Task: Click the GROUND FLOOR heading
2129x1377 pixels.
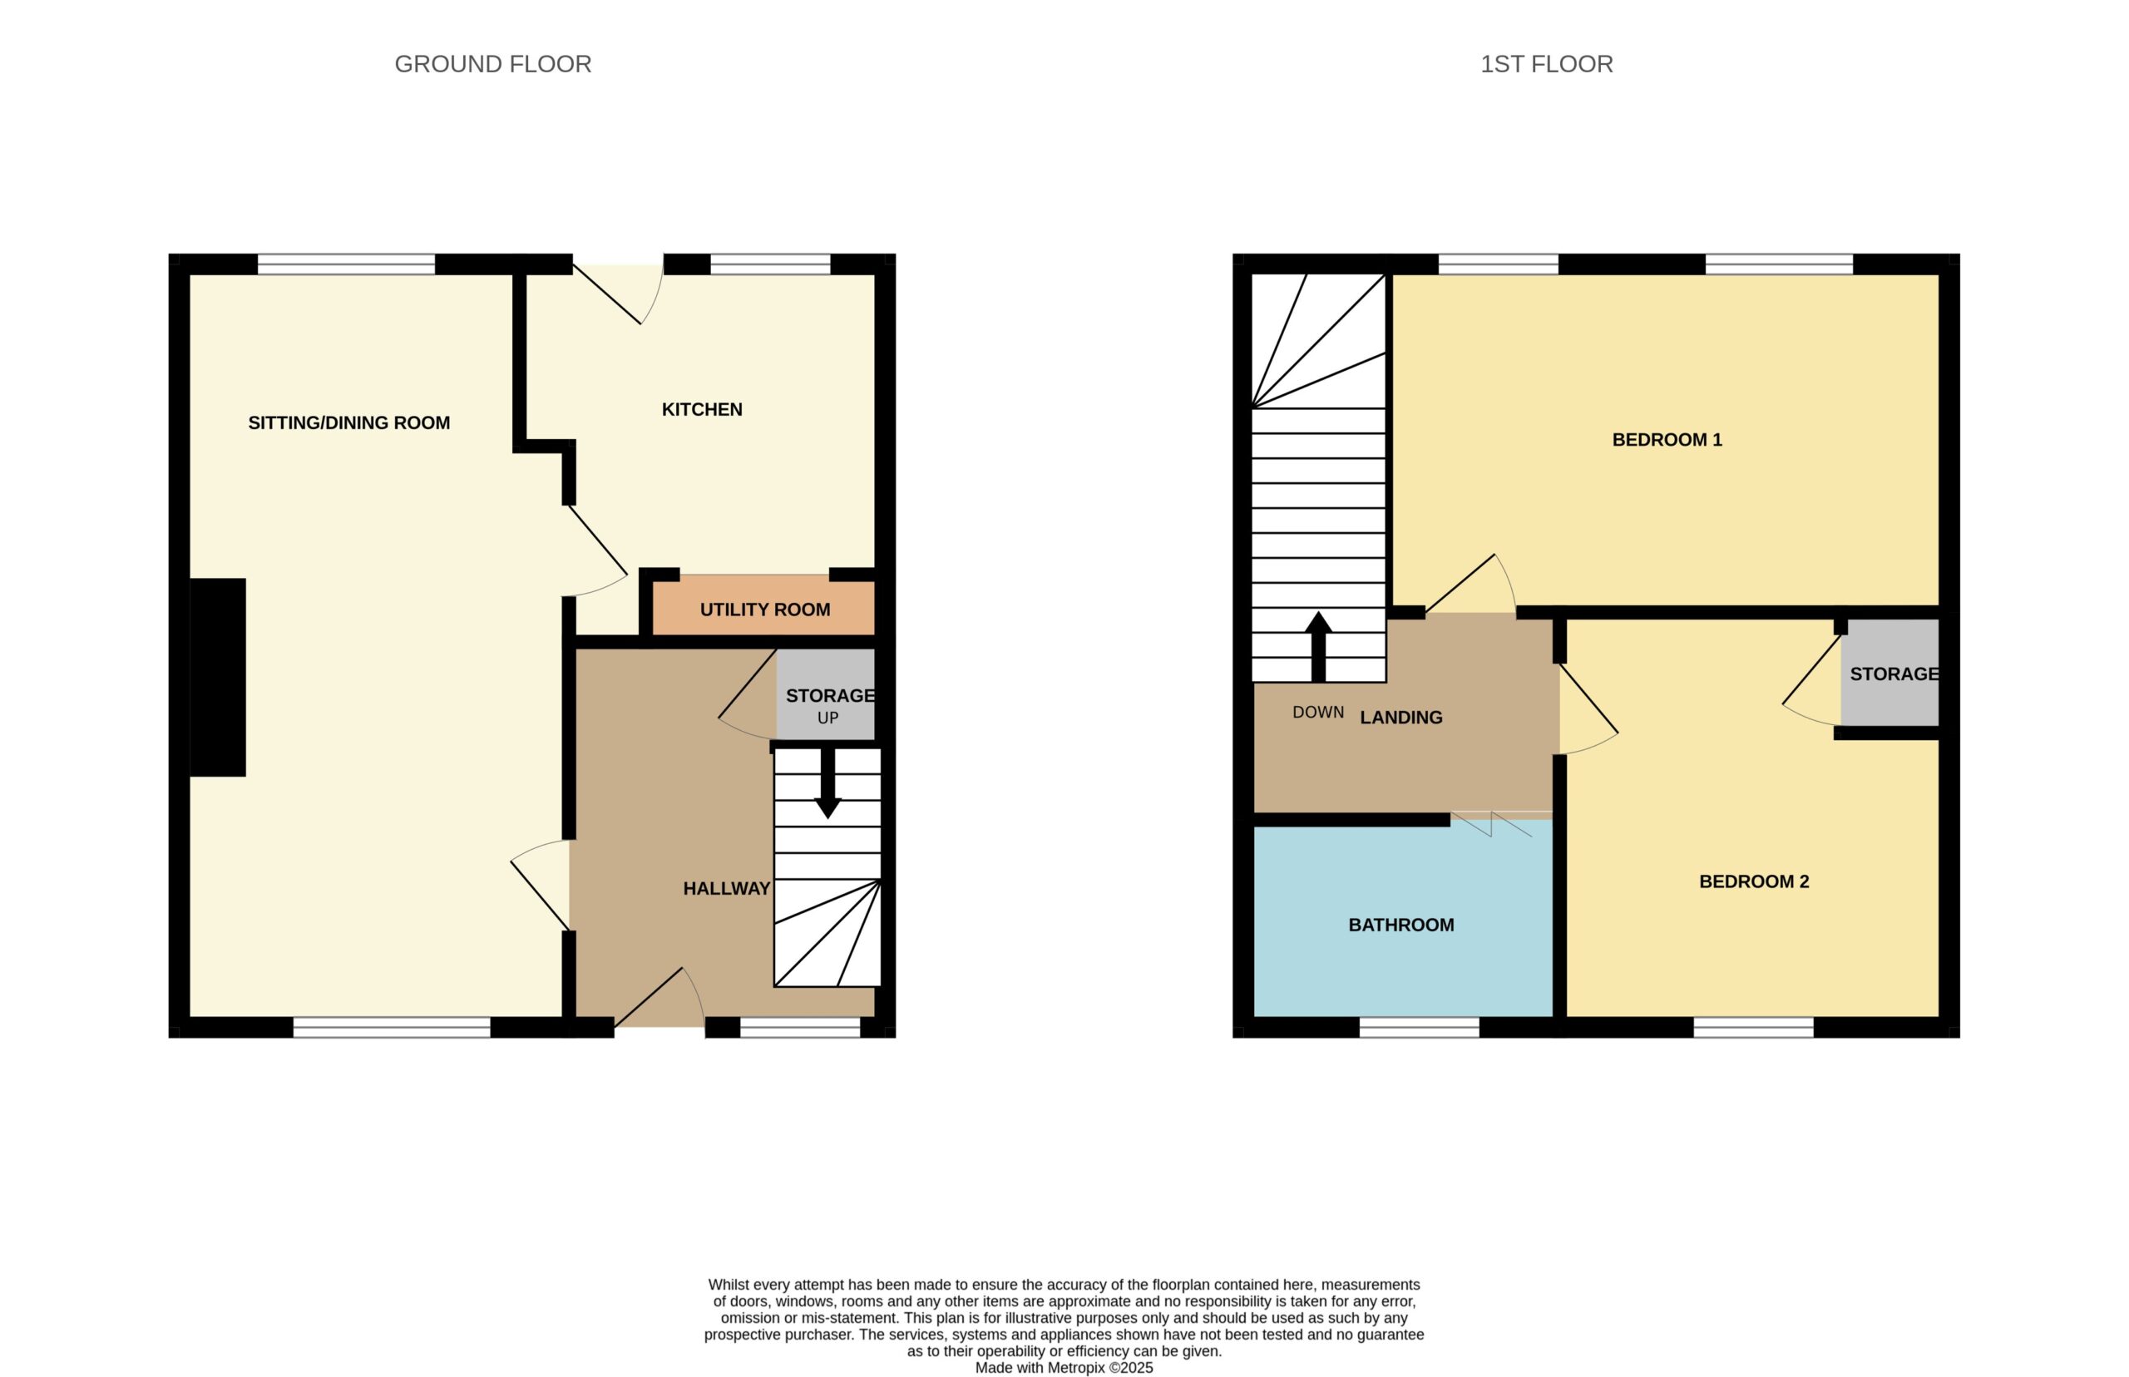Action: [492, 64]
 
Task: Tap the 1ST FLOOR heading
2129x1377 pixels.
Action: [1546, 64]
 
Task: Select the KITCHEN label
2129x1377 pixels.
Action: [702, 409]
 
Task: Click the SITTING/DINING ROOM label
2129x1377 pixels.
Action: [348, 423]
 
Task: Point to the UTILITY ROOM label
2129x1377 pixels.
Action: [764, 610]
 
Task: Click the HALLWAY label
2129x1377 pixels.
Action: [726, 889]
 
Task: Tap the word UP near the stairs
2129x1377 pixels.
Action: [828, 718]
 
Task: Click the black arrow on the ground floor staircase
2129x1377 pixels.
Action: [828, 782]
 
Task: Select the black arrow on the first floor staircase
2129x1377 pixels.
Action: [1318, 646]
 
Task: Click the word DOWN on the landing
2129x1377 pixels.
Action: [1318, 713]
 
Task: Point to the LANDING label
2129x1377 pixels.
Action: [1401, 718]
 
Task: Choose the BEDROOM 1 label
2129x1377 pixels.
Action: [1667, 440]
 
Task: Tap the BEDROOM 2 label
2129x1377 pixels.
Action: [1753, 881]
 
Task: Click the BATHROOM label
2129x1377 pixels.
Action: [1401, 925]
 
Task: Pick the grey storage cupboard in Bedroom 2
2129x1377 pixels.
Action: [1889, 673]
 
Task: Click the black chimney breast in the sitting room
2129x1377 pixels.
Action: [218, 678]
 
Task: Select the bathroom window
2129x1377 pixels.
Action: [1419, 1029]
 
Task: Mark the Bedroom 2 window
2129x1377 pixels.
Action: [1753, 1029]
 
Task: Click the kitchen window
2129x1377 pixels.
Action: [770, 264]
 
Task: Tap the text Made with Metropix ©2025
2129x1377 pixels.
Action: [1064, 1368]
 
